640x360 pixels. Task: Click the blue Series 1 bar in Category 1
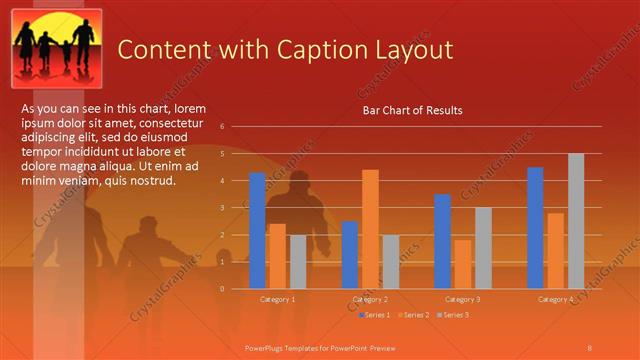pyautogui.click(x=257, y=231)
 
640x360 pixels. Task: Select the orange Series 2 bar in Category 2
pyautogui.click(x=370, y=229)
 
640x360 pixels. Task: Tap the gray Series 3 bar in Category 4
pyautogui.click(x=575, y=221)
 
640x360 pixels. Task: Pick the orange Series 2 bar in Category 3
pyautogui.click(x=462, y=264)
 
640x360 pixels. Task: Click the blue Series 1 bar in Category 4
pyautogui.click(x=535, y=228)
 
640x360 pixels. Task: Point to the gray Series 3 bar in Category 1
pyautogui.click(x=298, y=262)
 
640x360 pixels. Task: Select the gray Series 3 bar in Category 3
pyautogui.click(x=483, y=248)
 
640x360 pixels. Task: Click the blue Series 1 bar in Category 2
pyautogui.click(x=349, y=255)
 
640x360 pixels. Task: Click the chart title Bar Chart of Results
pyautogui.click(x=412, y=111)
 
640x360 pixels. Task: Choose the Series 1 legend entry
pyautogui.click(x=375, y=315)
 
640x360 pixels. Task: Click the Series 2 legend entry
pyautogui.click(x=414, y=315)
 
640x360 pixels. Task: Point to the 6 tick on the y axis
pyautogui.click(x=236, y=127)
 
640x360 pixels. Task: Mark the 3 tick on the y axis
pyautogui.click(x=236, y=208)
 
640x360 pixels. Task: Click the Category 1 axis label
pyautogui.click(x=277, y=299)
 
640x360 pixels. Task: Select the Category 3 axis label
pyautogui.click(x=462, y=299)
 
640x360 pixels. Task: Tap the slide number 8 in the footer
pyautogui.click(x=589, y=347)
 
